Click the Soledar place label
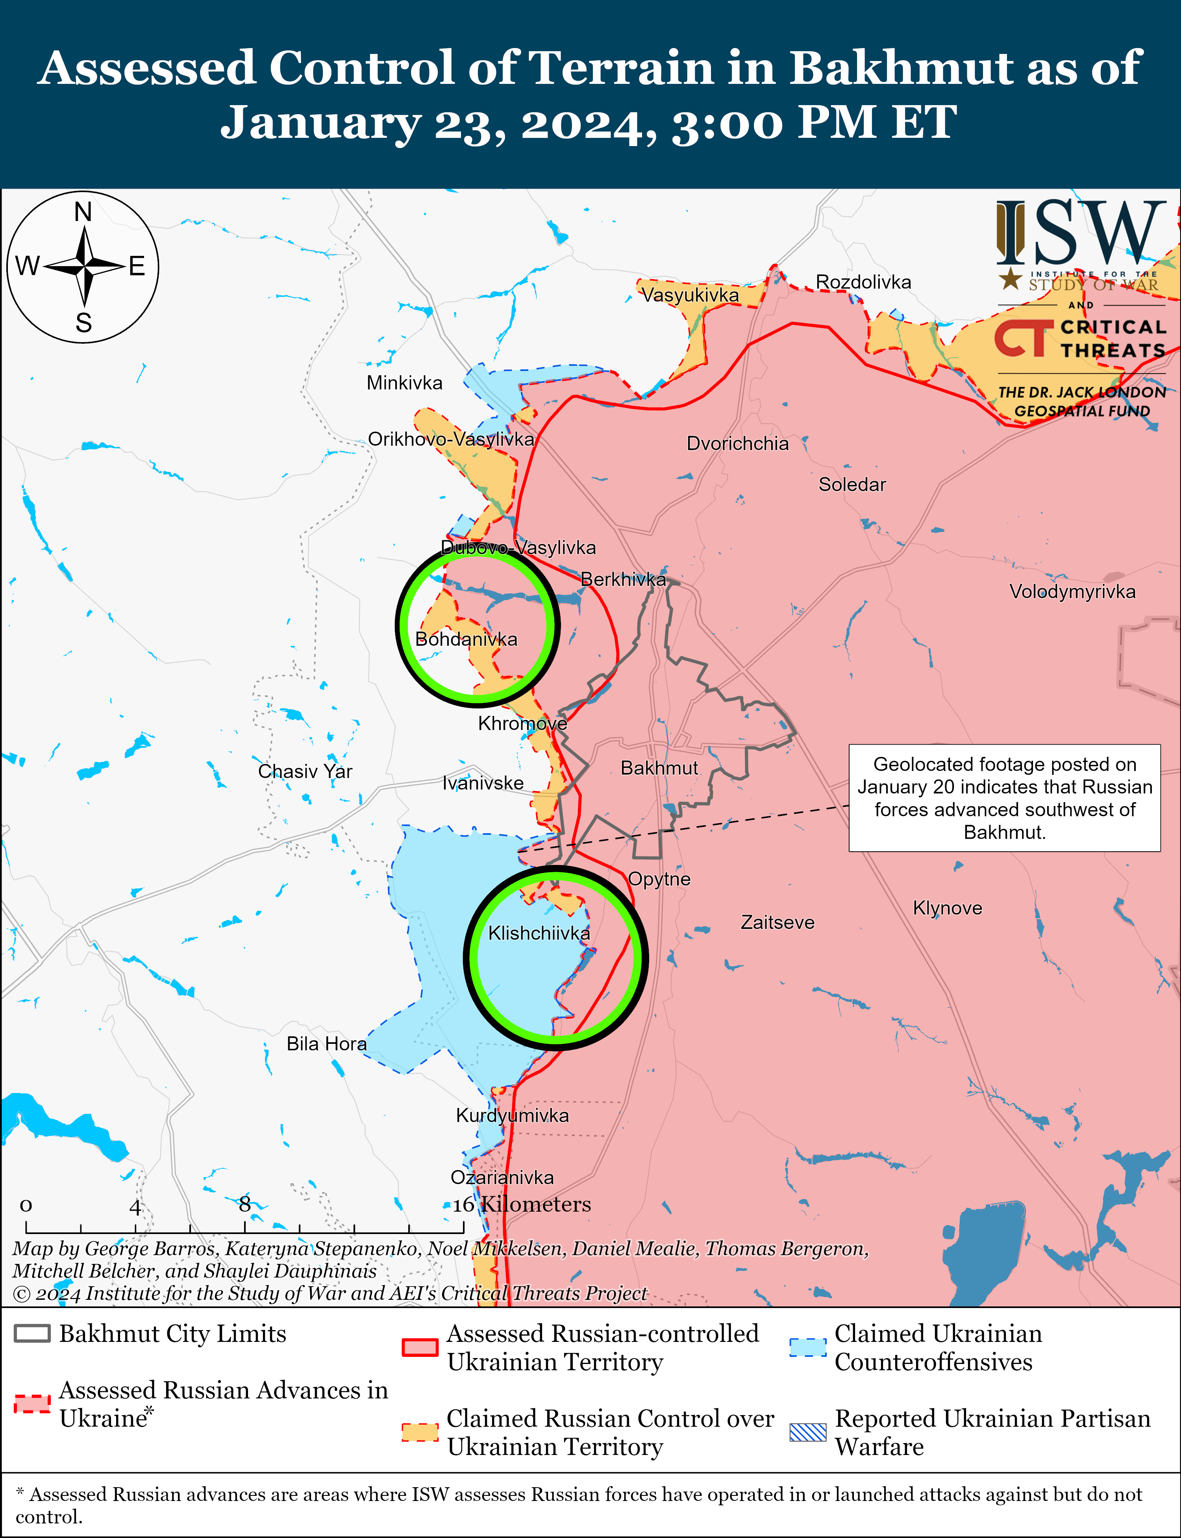click(852, 484)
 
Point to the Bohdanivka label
click(466, 639)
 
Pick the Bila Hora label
click(326, 1044)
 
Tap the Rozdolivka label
click(863, 282)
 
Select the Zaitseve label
click(777, 922)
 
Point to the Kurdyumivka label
click(513, 1116)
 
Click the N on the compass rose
click(83, 211)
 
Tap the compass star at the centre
click(83, 267)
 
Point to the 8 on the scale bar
click(244, 1204)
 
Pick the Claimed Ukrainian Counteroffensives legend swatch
click(808, 1347)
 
